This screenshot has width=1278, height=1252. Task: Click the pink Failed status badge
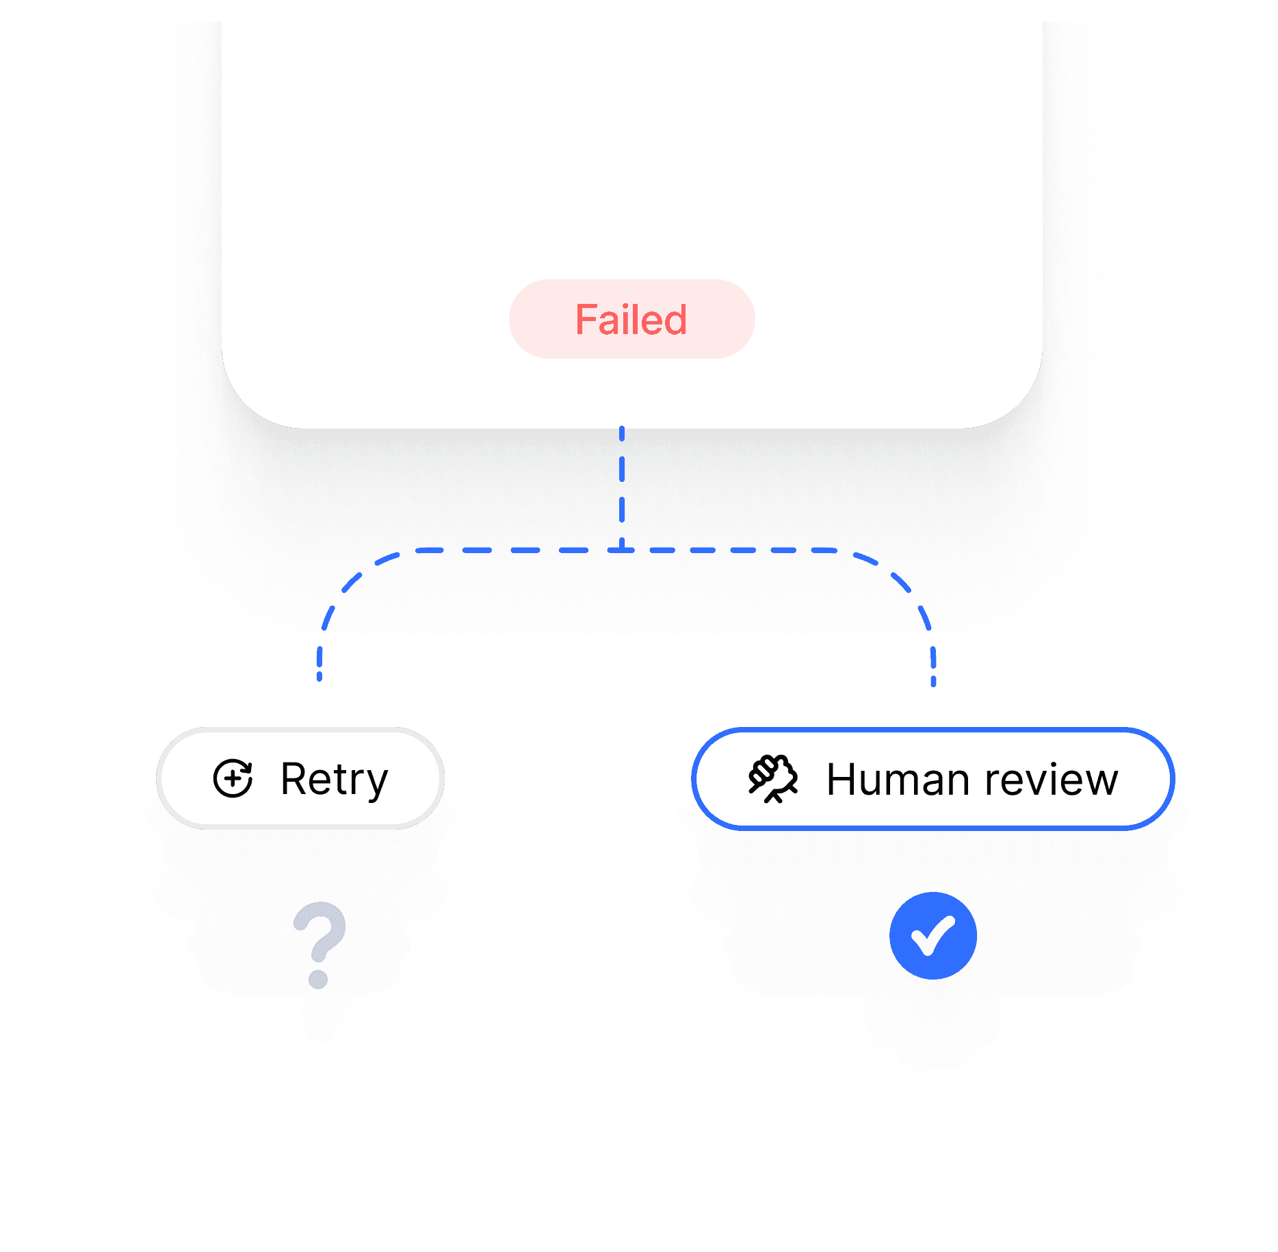(631, 319)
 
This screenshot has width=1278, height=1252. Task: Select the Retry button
(300, 778)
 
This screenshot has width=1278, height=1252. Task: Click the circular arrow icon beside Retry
(233, 778)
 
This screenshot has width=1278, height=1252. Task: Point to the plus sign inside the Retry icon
(233, 779)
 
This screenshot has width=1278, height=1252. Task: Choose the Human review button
(933, 779)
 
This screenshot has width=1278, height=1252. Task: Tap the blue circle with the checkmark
(933, 936)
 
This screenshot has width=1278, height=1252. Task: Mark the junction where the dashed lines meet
(622, 550)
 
